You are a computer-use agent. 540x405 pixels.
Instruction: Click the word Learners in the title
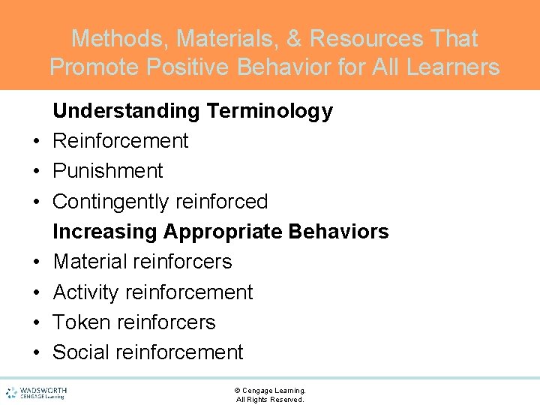[452, 67]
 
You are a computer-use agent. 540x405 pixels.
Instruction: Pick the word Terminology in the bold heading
[269, 111]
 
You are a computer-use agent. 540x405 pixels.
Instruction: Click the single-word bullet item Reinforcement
[120, 141]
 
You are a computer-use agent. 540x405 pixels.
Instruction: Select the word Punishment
[107, 171]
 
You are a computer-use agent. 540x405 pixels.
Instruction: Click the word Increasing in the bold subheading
[105, 232]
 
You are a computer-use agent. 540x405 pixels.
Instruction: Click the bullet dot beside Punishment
[35, 172]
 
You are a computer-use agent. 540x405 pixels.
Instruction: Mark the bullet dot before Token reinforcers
[35, 323]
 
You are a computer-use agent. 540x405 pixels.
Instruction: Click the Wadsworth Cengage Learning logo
[35, 392]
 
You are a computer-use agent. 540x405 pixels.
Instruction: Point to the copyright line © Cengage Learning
[270, 390]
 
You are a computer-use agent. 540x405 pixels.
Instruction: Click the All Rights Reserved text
[270, 400]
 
